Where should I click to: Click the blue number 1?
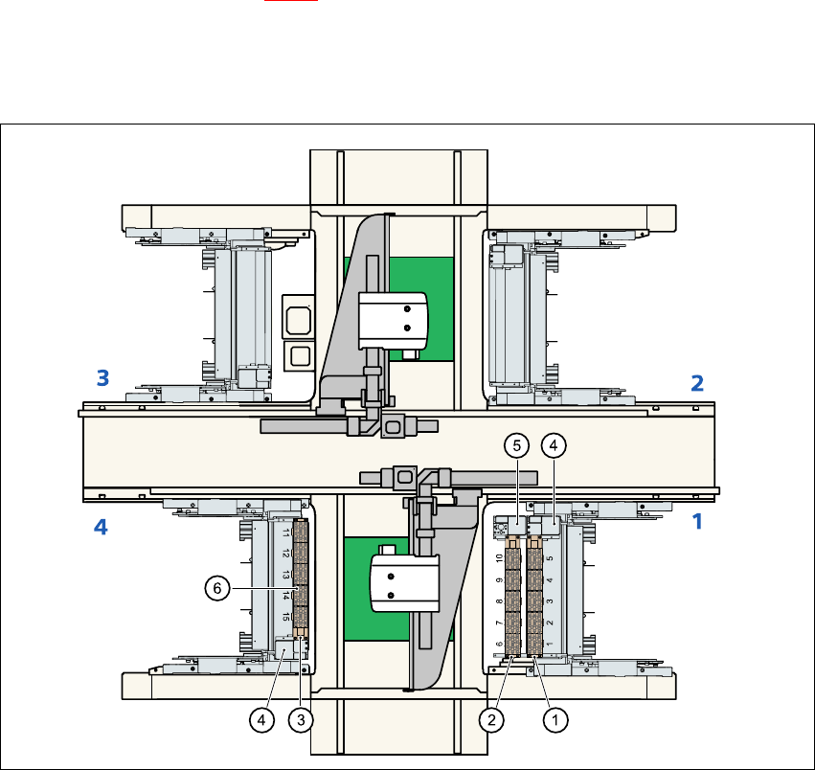697,522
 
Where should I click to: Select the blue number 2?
697,383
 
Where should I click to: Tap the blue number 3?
102,378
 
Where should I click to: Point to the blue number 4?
101,527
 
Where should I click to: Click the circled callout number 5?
516,445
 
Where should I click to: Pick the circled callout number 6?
217,588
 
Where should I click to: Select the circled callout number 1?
555,720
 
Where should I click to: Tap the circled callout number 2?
491,720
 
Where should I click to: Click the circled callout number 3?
301,720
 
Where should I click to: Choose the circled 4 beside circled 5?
554,445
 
